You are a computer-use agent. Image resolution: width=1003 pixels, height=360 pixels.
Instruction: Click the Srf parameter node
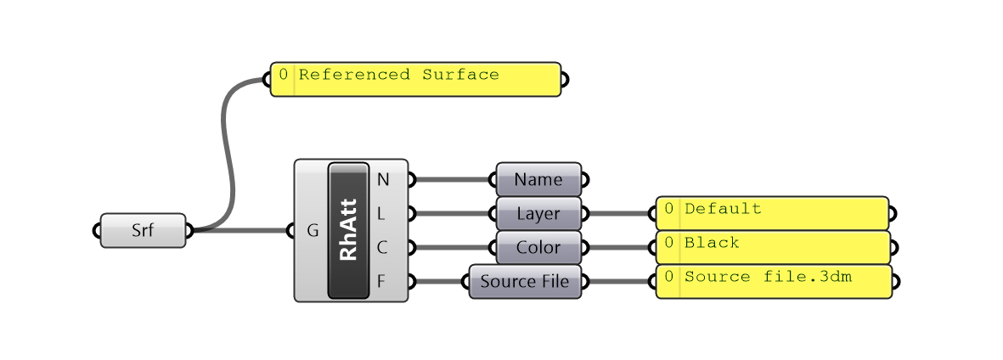[143, 230]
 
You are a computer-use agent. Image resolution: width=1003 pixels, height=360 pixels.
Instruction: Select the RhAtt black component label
[348, 230]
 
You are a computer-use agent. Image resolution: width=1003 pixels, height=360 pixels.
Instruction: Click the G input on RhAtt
[312, 230]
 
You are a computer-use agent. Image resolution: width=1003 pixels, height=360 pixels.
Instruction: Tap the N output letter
[383, 179]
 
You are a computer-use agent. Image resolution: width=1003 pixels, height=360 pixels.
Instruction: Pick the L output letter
[383, 213]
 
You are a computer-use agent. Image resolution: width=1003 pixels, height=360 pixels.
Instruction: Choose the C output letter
[383, 247]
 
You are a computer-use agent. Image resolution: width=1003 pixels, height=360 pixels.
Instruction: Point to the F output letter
[383, 281]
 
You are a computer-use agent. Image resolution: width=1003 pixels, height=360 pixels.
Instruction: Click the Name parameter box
[538, 179]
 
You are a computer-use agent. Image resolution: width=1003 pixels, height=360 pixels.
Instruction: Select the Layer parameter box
[538, 213]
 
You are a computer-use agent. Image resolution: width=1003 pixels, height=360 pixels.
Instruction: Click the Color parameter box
[538, 247]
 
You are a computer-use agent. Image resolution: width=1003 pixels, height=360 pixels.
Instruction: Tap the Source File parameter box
[525, 281]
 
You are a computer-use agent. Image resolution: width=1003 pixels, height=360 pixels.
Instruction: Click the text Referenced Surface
[398, 75]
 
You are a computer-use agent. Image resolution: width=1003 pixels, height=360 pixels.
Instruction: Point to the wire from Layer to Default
[620, 213]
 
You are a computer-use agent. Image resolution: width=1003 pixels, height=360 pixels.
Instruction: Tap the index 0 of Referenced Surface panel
[283, 75]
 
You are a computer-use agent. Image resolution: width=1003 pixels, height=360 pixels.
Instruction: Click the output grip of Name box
[584, 179]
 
